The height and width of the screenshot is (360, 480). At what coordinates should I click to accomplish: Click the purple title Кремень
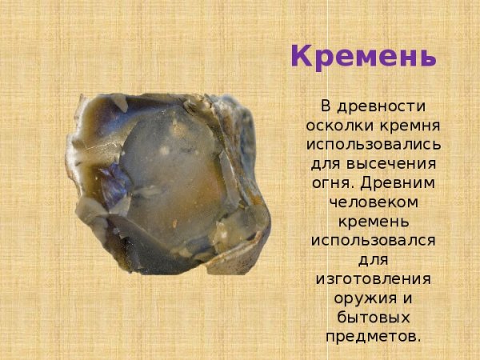coord(363,57)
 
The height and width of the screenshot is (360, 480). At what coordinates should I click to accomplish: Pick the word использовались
coord(373,145)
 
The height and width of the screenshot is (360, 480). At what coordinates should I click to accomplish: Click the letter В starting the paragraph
coord(326,107)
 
